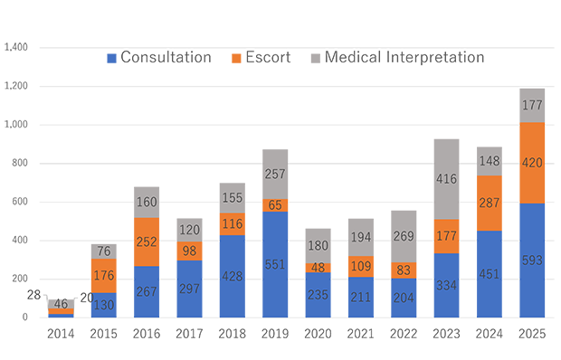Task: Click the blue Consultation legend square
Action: [111, 58]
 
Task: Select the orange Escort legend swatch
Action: [236, 58]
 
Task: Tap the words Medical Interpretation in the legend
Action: [404, 57]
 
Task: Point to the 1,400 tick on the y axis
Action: [15, 47]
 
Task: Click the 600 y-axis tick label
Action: [20, 202]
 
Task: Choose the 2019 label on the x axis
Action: [275, 334]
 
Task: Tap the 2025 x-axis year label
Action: [532, 334]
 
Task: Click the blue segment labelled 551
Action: [275, 264]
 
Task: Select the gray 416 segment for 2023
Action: [446, 179]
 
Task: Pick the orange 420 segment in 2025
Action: [532, 163]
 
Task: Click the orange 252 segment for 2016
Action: [147, 242]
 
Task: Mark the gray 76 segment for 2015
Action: [104, 251]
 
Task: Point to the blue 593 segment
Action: [532, 261]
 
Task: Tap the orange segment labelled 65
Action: [275, 205]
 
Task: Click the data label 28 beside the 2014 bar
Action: [33, 295]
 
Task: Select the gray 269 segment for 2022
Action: [404, 237]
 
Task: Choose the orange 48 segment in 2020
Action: [318, 268]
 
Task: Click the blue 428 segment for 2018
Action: [233, 277]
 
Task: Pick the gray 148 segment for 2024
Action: [490, 161]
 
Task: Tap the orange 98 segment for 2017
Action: [189, 251]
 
